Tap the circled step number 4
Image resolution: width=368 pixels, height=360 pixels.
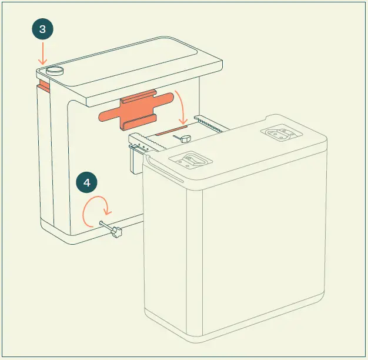[x=87, y=183]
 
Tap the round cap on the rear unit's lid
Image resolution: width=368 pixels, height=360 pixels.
[x=55, y=70]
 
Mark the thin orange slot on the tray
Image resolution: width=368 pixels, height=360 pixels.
[x=175, y=127]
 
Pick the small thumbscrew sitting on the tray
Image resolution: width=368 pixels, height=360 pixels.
[x=184, y=138]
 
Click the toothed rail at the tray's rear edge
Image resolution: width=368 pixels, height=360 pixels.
[x=210, y=121]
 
